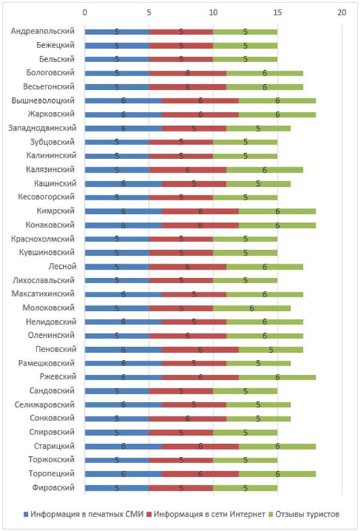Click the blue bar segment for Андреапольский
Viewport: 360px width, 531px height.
(x=117, y=32)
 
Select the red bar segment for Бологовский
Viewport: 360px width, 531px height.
(x=188, y=73)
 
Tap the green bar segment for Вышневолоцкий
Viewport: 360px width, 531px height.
(x=277, y=101)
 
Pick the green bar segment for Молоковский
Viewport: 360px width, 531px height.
(x=252, y=308)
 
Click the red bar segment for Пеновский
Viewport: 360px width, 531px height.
(x=200, y=350)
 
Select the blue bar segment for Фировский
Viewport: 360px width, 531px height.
(x=117, y=488)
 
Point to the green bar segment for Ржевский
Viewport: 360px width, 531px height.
(x=277, y=377)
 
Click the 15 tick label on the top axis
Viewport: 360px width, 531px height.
(x=277, y=12)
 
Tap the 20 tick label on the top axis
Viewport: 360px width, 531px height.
(x=342, y=12)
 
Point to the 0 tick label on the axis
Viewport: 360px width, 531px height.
(x=84, y=12)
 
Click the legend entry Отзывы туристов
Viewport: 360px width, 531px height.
(x=307, y=514)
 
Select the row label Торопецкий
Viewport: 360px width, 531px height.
(x=54, y=474)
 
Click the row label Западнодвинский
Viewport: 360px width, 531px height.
(x=42, y=128)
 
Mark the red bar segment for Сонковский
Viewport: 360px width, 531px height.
(x=188, y=418)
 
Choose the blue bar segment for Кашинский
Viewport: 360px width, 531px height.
(x=123, y=183)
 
